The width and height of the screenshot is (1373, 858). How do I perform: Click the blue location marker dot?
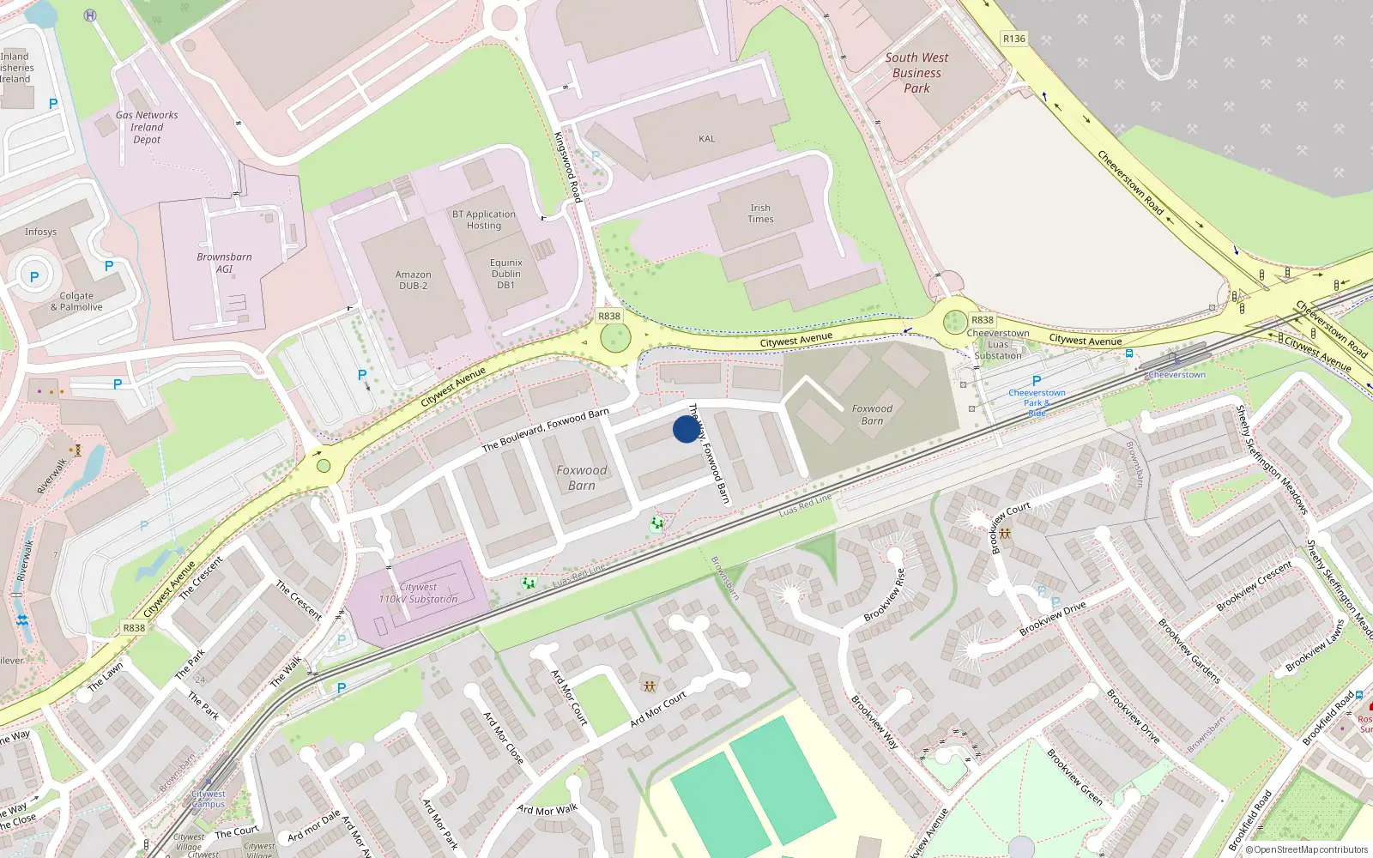686,429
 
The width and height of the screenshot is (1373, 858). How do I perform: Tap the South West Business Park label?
916,73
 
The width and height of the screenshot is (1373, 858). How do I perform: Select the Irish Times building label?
760,214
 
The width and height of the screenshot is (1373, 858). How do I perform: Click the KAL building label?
706,139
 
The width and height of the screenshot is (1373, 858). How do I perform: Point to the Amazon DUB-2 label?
413,281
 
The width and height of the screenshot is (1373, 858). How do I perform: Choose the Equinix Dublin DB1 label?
505,274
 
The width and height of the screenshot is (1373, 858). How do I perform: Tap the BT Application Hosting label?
484,220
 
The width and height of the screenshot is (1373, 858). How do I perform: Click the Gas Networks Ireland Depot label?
147,127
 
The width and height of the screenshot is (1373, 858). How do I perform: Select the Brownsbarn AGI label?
224,263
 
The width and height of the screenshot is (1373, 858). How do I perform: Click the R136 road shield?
1013,39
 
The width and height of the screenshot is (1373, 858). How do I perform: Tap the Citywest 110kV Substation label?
418,594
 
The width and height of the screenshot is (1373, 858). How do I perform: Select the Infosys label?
40,232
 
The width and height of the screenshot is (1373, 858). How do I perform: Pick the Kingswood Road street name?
568,166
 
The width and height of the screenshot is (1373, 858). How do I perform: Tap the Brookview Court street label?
1010,527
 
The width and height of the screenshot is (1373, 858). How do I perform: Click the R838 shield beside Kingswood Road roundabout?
608,317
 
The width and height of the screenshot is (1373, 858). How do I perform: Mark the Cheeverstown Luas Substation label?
998,344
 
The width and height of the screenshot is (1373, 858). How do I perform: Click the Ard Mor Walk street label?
547,809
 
